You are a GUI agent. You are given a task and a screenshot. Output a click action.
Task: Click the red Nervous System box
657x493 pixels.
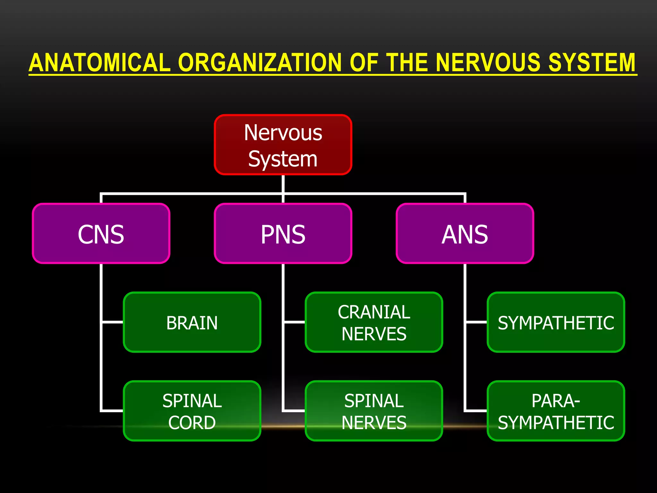[x=283, y=145]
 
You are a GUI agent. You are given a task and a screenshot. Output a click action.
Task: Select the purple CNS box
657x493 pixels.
[x=101, y=233]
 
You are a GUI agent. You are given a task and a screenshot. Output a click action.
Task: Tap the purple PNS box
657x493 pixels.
[x=283, y=233]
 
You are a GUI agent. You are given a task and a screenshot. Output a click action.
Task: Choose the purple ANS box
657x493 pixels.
[x=465, y=233]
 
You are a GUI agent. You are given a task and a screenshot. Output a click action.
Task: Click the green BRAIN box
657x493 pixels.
[x=192, y=322]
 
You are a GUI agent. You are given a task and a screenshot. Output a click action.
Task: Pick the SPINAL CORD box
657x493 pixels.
[x=192, y=411]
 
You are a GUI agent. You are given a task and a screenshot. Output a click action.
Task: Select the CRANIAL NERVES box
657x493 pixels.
[x=374, y=322]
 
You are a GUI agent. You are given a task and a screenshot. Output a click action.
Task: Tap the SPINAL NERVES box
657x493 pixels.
[x=374, y=411]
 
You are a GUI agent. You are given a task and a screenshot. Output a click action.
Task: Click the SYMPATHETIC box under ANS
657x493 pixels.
[x=556, y=322]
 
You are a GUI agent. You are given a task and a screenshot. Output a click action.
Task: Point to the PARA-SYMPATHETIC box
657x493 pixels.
[x=556, y=411]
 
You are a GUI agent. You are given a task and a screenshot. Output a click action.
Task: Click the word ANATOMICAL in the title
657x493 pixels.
[x=99, y=63]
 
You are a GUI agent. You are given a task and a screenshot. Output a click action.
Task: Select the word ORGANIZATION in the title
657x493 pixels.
[x=260, y=63]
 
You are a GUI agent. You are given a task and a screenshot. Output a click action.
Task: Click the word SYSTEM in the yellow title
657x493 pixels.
[x=592, y=63]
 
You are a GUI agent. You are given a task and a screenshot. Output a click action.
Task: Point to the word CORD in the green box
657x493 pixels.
[x=192, y=422]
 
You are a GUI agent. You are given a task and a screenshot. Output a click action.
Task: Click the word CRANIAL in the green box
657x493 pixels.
[x=374, y=312]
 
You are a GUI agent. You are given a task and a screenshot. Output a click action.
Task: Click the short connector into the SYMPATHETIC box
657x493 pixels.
[x=476, y=322]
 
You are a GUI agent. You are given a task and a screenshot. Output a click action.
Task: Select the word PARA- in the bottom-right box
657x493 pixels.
[x=556, y=401]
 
